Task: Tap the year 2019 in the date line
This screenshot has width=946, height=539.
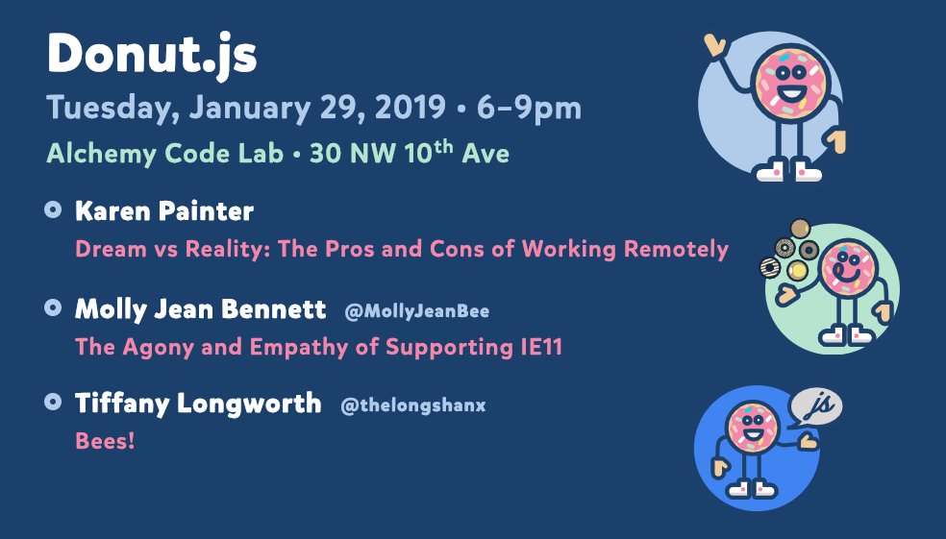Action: point(411,108)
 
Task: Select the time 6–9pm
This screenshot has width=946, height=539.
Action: point(529,109)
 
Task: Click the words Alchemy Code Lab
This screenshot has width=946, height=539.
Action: point(164,154)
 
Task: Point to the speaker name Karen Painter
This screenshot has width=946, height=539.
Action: point(164,211)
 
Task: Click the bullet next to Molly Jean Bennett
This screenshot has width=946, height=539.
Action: point(53,307)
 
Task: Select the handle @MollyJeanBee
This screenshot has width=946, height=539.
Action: point(417,311)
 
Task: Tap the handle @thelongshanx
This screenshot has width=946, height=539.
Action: point(413,405)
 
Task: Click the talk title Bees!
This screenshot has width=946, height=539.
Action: point(105,441)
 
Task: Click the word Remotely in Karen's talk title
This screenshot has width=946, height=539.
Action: point(676,249)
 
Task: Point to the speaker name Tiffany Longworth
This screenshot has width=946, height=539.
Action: point(198,403)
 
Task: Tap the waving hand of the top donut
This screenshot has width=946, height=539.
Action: point(715,45)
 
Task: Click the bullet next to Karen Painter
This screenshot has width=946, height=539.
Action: point(53,209)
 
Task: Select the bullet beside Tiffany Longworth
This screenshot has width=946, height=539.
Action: point(53,402)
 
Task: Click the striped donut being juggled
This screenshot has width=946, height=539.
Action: point(770,267)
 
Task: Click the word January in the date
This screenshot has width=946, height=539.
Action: point(250,109)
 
